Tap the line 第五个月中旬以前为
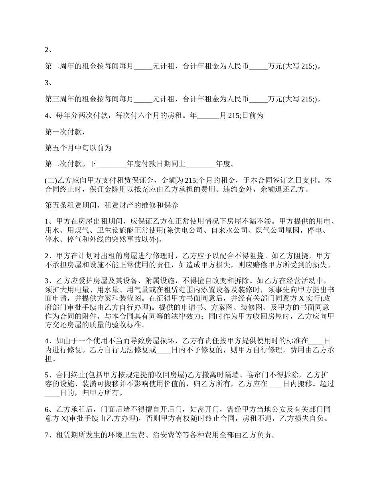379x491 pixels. (77, 148)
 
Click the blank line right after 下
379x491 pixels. (111, 164)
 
